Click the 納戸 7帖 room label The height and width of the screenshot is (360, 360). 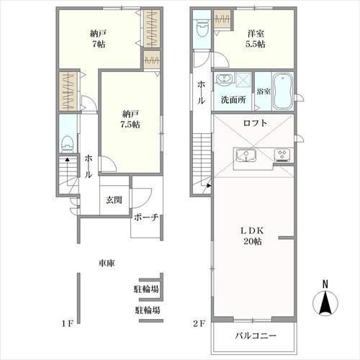(x=98, y=39)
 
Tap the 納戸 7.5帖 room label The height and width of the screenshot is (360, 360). (x=130, y=119)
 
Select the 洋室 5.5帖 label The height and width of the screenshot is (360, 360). (x=256, y=39)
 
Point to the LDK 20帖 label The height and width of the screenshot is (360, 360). (x=253, y=236)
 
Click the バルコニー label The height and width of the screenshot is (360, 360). (x=256, y=336)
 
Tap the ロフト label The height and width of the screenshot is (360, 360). (x=255, y=123)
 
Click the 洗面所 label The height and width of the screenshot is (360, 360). (x=233, y=100)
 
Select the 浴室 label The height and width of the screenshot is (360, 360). (x=264, y=91)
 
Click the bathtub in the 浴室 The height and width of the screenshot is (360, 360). (x=283, y=91)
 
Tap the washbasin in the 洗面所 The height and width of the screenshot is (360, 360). (x=225, y=78)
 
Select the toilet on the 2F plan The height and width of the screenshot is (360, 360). (x=202, y=28)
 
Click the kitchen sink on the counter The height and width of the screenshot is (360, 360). (x=246, y=156)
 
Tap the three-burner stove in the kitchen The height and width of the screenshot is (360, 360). (x=283, y=154)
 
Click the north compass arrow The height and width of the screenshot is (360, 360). (x=325, y=302)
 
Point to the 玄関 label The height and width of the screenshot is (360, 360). (x=114, y=199)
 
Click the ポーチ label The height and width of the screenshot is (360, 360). (x=146, y=217)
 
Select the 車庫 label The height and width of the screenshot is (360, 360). (x=107, y=263)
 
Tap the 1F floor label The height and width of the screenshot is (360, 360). (x=67, y=324)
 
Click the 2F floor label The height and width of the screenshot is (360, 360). (x=199, y=324)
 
